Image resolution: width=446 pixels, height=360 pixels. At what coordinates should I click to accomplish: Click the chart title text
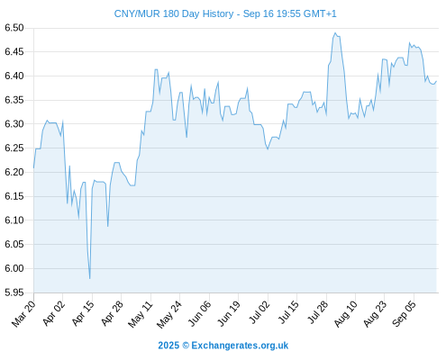click(225, 13)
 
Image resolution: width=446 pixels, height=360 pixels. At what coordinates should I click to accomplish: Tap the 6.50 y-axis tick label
click(14, 28)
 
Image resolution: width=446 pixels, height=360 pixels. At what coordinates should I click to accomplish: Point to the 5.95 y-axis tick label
click(14, 292)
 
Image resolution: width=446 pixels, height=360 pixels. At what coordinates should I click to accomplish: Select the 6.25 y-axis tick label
click(14, 148)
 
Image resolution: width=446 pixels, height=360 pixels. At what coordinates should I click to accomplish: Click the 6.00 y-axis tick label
click(14, 268)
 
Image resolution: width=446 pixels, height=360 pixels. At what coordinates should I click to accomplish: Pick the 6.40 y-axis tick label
click(14, 76)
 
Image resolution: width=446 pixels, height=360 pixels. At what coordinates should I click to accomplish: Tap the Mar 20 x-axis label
click(23, 313)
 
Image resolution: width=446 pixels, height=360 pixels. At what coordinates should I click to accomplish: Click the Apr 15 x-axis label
click(83, 313)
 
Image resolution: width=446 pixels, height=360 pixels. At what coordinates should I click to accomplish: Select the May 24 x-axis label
click(169, 314)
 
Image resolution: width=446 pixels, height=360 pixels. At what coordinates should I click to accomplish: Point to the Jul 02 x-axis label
click(259, 312)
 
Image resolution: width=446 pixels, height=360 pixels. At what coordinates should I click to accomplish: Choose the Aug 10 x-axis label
click(346, 314)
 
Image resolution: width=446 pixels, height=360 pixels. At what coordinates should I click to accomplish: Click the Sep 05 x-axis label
click(405, 313)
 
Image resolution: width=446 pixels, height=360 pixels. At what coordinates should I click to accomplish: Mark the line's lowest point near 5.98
click(89, 279)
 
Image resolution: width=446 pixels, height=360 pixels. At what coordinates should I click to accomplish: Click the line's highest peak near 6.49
click(335, 33)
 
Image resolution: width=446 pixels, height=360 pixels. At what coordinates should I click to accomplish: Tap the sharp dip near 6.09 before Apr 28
click(107, 226)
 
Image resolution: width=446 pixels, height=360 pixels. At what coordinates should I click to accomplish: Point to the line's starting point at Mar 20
click(33, 168)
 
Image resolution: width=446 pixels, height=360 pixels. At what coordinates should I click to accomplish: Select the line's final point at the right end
click(436, 81)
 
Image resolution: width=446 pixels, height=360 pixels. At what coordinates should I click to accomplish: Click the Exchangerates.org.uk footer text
click(240, 346)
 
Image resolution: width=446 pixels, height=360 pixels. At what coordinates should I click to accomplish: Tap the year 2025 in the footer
click(168, 346)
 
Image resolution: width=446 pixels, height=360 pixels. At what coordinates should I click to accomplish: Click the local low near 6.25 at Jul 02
click(268, 149)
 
